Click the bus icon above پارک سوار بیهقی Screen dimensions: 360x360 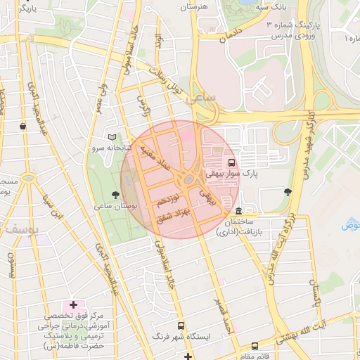click(233, 160)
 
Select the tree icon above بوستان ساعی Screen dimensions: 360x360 click(115, 194)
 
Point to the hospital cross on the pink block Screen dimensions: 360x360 click(73, 304)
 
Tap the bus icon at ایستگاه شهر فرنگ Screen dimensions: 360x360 click(181, 326)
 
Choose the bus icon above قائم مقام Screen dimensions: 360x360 click(254, 345)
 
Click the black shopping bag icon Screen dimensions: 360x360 click(24, 127)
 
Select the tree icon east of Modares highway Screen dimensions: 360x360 click(287, 191)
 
